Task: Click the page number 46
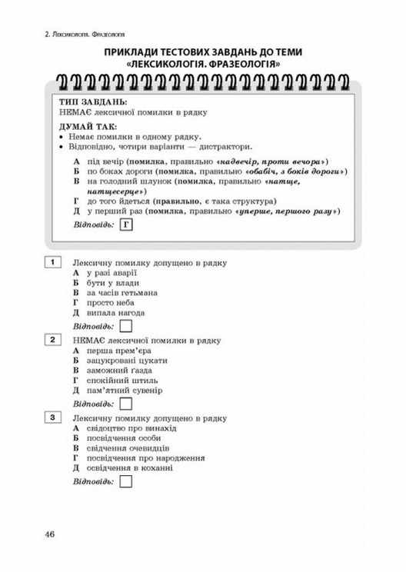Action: coord(50,534)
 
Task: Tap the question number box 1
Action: coord(52,263)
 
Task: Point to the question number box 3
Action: coord(52,416)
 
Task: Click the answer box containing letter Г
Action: coord(127,224)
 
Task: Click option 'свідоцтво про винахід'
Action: coord(132,427)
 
